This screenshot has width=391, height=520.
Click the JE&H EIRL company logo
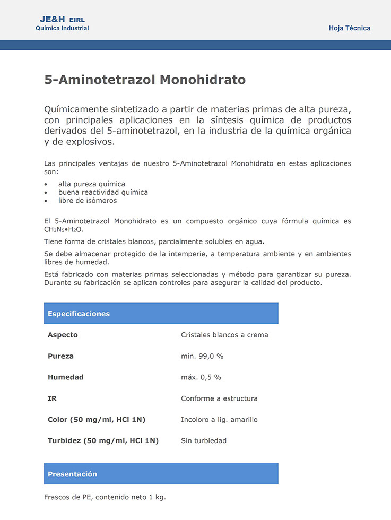pos(62,23)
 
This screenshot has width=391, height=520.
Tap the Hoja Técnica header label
pos(349,28)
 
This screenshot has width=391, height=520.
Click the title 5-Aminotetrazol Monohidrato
pos(145,80)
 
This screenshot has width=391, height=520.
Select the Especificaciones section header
pos(79,314)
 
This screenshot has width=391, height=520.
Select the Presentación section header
pos(72,474)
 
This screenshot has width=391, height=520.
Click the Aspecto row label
pos(63,335)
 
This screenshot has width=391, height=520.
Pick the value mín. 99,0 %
pos(202,356)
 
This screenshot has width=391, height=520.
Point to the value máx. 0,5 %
pos(201,377)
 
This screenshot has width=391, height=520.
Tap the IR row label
pos(53,398)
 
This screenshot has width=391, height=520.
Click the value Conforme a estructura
pos(219,398)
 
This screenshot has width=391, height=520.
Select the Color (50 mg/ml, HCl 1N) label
pos(97,420)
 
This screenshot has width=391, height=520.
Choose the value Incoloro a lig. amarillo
pos(219,420)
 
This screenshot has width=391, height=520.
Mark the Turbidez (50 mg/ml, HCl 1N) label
pos(103,440)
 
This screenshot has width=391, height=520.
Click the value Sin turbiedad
pos(204,440)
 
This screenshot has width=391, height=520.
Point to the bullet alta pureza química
pos(92,184)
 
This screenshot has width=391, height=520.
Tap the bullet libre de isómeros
pos(88,201)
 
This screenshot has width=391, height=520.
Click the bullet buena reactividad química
pos(103,192)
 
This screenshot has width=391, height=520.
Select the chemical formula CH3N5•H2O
pos(64,230)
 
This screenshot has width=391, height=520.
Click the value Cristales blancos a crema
pos(224,335)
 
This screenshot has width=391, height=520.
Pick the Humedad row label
pos(66,377)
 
